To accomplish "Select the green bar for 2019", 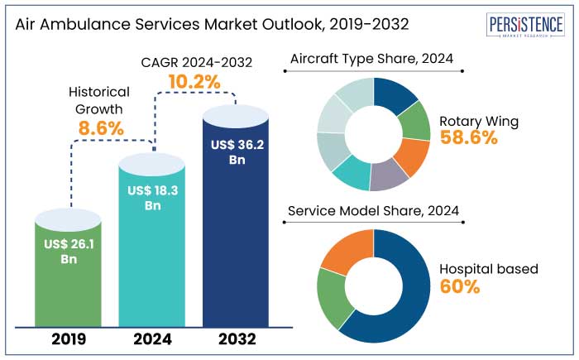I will [x=70, y=273].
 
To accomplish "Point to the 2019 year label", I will [x=69, y=339].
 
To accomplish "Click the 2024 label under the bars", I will [x=153, y=339].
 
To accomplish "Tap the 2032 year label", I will [x=236, y=339].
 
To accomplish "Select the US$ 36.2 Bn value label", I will [x=236, y=151].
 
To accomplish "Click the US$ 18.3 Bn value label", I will [x=153, y=198].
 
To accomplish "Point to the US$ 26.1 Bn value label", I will [x=70, y=251].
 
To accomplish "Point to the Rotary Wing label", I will [x=490, y=121].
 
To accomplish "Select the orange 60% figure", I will [x=462, y=286].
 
